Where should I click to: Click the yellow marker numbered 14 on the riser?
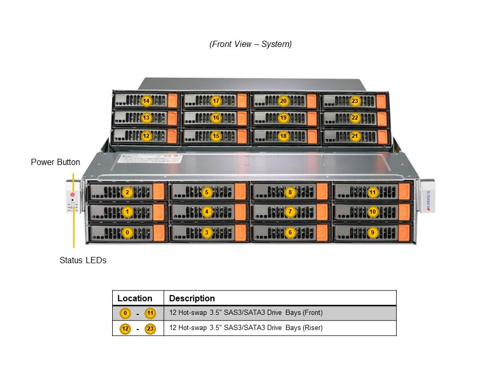coord(146,101)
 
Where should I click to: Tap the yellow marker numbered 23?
coord(355,101)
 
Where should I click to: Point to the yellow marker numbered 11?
coord(372,192)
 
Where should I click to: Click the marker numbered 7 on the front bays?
coord(291,212)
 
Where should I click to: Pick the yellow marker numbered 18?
coord(283,136)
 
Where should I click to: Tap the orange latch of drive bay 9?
coord(404,232)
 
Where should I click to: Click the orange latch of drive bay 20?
coord(312,101)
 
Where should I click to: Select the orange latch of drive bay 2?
coord(159,192)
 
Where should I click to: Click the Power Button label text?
coord(55,162)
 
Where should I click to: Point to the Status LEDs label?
coord(83,260)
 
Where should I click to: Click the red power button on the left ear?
coord(72,195)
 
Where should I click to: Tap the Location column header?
coord(135,299)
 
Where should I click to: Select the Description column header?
coord(192,299)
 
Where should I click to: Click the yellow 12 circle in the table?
coord(125,328)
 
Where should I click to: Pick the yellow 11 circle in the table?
coord(150,313)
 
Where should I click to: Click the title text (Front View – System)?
coord(250,44)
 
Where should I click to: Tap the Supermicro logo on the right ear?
coord(428,201)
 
